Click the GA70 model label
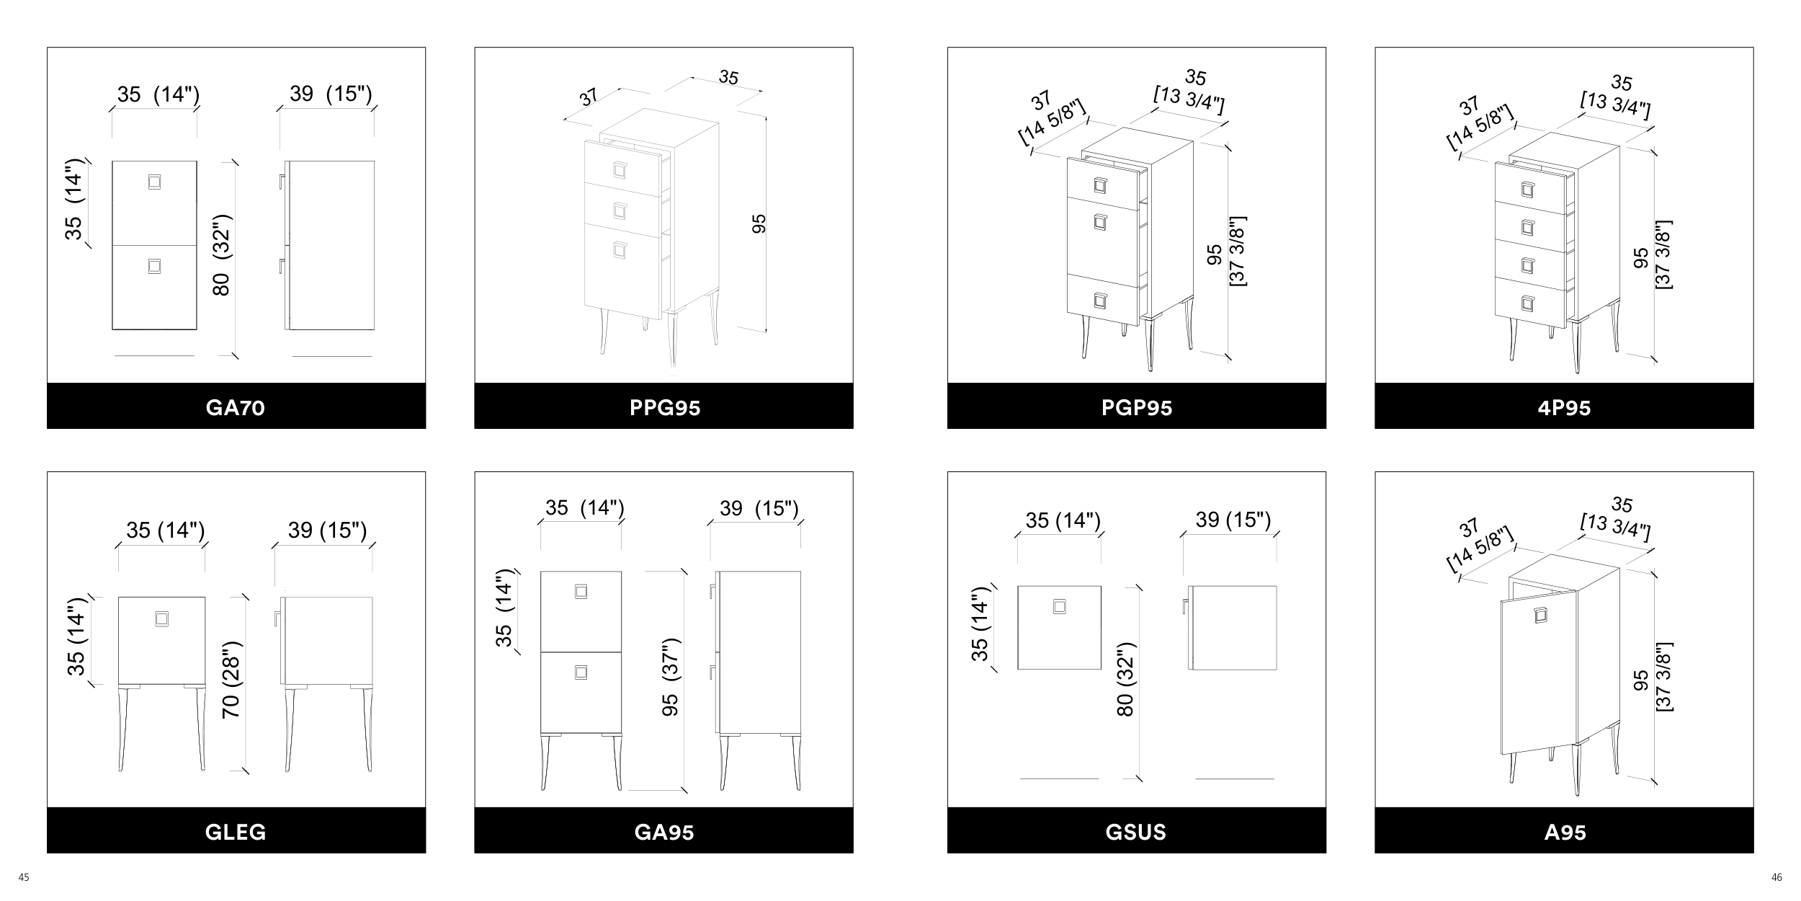click(x=236, y=408)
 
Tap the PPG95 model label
click(x=664, y=408)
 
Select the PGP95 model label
click(x=1137, y=408)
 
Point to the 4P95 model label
click(x=1564, y=408)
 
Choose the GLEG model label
click(x=236, y=833)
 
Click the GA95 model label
click(x=664, y=833)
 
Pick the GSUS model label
click(x=1136, y=833)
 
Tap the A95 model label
click(x=1565, y=833)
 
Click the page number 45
click(x=24, y=877)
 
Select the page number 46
click(x=1777, y=877)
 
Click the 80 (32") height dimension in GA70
click(x=221, y=255)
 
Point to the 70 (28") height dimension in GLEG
click(x=231, y=679)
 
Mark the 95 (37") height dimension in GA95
click(x=671, y=676)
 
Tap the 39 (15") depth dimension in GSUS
click(x=1233, y=520)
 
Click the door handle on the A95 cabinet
click(x=1540, y=616)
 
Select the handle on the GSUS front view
click(x=1059, y=607)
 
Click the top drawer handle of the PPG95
click(x=620, y=169)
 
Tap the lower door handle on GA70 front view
click(x=154, y=267)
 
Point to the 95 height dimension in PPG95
click(x=759, y=223)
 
